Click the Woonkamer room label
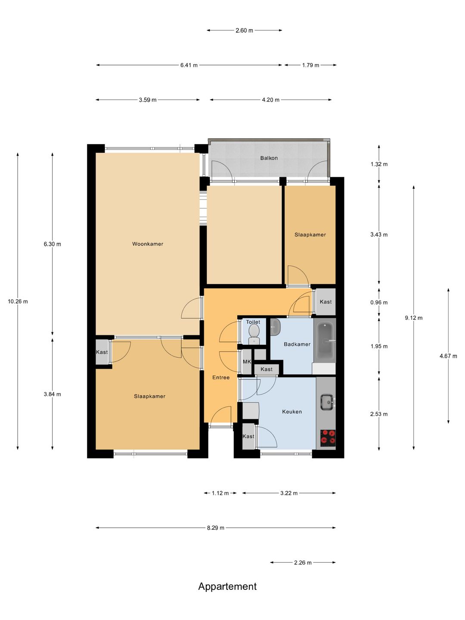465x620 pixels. (148, 244)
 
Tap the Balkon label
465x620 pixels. (269, 158)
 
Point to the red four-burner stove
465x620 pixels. (328, 436)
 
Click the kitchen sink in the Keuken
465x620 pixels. (328, 402)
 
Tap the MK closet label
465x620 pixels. (247, 362)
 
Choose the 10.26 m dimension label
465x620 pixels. (18, 301)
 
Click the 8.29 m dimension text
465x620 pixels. (215, 527)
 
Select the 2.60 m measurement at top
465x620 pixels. (244, 31)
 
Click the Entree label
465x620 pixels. (221, 377)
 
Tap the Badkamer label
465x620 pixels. (297, 344)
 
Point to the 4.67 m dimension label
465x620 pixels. (448, 356)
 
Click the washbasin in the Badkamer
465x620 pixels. (275, 327)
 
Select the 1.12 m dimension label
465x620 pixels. (220, 493)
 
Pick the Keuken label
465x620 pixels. (292, 412)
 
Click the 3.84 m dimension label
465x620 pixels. (52, 394)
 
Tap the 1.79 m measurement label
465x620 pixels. (310, 65)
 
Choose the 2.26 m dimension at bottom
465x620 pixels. (303, 563)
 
